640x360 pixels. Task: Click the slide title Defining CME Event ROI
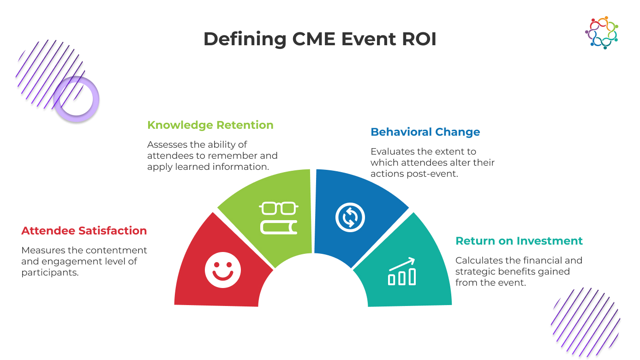[320, 39]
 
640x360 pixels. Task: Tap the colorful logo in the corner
[602, 32]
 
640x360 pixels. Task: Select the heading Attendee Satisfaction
[84, 231]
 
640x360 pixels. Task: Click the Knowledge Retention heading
[210, 125]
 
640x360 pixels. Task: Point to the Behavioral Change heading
[425, 132]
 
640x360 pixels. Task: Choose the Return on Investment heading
[519, 241]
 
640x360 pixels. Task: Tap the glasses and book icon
[279, 217]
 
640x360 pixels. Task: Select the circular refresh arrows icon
[350, 217]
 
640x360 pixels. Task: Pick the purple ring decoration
[76, 99]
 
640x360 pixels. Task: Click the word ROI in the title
[419, 39]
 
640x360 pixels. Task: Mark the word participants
[50, 272]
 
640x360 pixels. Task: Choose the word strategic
[474, 271]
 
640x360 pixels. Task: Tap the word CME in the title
[314, 39]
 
